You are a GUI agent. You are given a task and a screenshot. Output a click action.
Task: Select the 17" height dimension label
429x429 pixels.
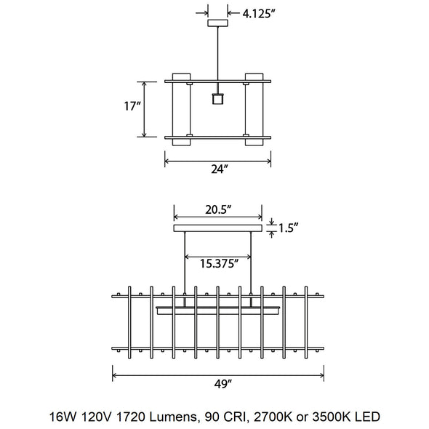(x=132, y=106)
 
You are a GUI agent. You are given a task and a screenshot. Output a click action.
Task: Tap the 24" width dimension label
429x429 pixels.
(x=218, y=169)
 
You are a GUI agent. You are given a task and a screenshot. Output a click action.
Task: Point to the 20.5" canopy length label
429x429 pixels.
(x=217, y=209)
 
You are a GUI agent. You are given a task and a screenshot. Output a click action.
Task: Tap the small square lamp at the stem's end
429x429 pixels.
(x=217, y=98)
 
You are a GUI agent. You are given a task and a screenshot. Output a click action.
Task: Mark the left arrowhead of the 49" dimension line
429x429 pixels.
(x=115, y=376)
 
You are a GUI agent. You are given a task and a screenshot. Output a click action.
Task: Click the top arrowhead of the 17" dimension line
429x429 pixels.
(x=145, y=84)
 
